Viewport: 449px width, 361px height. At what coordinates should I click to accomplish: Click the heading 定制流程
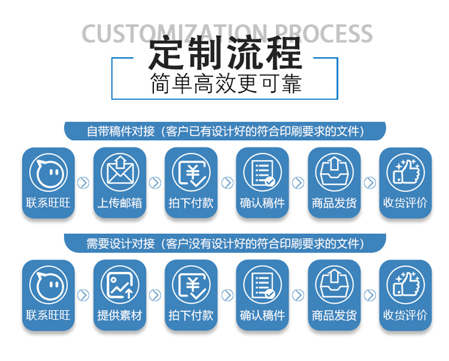[x=225, y=54]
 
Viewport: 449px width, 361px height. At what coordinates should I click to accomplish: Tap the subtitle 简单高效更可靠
[x=225, y=85]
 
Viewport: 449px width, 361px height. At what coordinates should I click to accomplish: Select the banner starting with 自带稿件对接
[x=225, y=132]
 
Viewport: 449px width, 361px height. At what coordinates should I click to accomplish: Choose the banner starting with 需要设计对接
[x=225, y=244]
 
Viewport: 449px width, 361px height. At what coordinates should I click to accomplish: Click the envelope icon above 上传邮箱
[x=120, y=172]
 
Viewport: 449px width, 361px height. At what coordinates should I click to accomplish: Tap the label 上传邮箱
[x=120, y=203]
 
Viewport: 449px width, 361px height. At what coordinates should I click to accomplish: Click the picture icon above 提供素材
[x=120, y=284]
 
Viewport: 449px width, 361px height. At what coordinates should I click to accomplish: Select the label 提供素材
[x=120, y=315]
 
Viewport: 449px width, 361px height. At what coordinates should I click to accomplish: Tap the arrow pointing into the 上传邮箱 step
[x=84, y=183]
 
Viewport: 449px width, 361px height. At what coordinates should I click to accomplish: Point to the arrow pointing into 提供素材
[x=84, y=295]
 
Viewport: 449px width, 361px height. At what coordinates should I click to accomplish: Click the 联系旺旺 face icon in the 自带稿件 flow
[x=48, y=172]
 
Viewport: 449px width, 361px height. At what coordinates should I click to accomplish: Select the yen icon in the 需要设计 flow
[x=191, y=284]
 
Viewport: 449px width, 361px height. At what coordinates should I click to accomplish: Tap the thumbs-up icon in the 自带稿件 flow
[x=405, y=172]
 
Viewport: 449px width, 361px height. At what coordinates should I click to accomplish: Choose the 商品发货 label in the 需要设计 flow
[x=334, y=315]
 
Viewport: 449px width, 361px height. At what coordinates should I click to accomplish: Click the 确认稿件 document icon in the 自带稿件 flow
[x=262, y=172]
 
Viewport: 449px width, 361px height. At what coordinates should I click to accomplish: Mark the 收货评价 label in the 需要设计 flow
[x=405, y=315]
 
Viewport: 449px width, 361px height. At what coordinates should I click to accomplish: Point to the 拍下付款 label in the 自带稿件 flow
[x=191, y=203]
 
